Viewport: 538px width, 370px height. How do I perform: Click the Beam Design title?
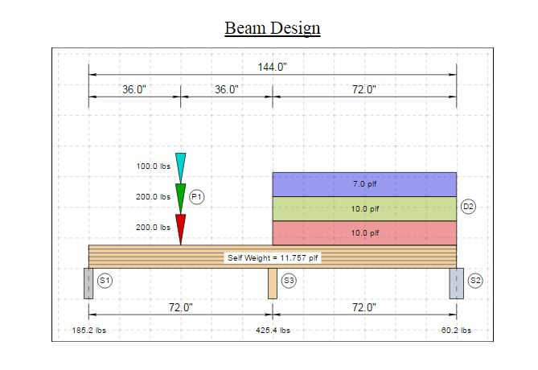point(273,28)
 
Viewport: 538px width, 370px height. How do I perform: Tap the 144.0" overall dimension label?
point(272,67)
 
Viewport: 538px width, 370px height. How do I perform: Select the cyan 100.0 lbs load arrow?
point(180,168)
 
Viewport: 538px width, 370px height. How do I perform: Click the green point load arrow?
point(180,199)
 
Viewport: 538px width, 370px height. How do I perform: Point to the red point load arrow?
point(180,229)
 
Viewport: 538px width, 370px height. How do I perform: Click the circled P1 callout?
point(196,197)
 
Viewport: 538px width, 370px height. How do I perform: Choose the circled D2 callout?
point(468,207)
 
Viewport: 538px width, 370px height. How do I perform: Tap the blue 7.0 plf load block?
point(364,184)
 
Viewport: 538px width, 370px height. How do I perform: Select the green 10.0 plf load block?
point(364,208)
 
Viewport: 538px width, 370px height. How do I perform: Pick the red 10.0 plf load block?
point(364,233)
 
